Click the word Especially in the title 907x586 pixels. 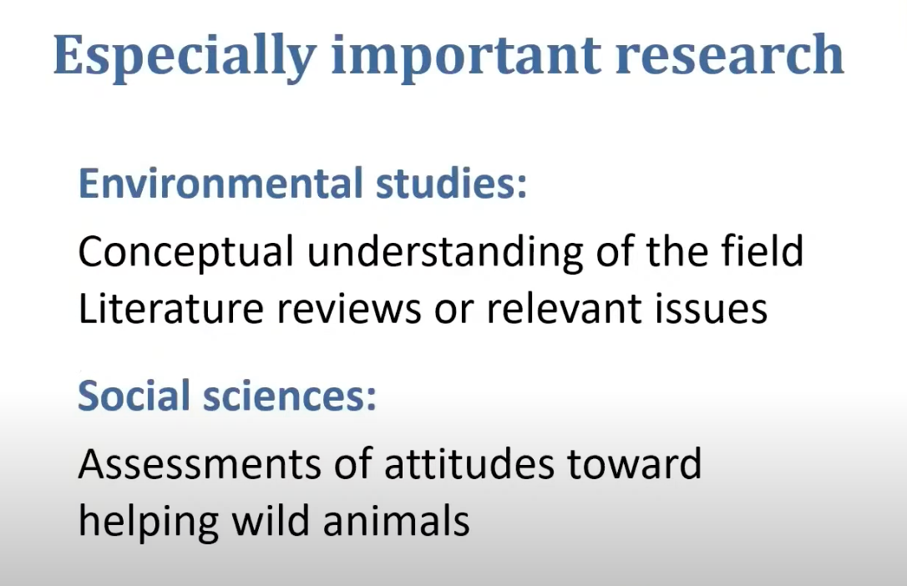pyautogui.click(x=185, y=58)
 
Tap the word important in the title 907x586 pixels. pyautogui.click(x=466, y=58)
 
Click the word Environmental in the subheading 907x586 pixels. pyautogui.click(x=220, y=183)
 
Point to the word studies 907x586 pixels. pyautogui.click(x=451, y=183)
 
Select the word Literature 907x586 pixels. pyautogui.click(x=170, y=308)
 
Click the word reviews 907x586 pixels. pyautogui.click(x=349, y=308)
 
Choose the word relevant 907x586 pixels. pyautogui.click(x=564, y=308)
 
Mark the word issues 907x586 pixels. pyautogui.click(x=711, y=308)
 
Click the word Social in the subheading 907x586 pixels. pyautogui.click(x=134, y=396)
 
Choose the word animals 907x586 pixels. pyautogui.click(x=396, y=520)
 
